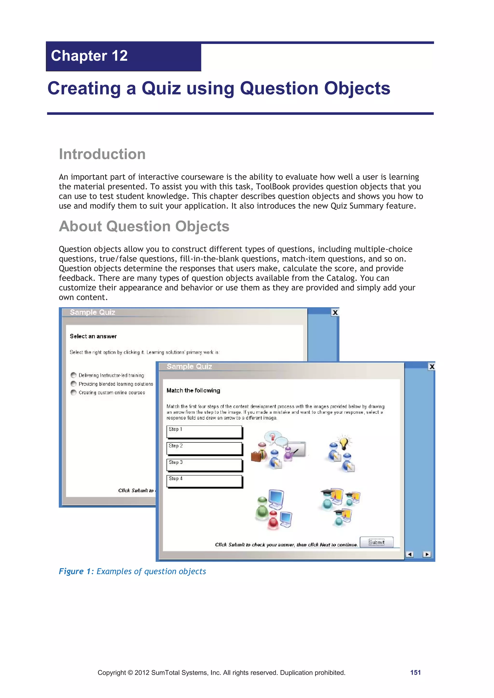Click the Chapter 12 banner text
pos(89,56)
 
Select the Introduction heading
pos(102,154)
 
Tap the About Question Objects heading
pos(144,226)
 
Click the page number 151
pos(415,672)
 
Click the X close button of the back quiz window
pos(335,312)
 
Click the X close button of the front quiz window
pos(432,367)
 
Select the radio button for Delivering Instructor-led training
pos(73,375)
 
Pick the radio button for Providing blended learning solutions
pos(73,384)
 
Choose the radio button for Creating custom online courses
pos(73,392)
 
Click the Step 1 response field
pos(204,432)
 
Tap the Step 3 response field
pos(204,465)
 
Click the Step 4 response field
pos(204,481)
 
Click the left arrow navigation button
pos(410,554)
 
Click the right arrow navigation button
pos(427,554)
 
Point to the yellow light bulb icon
pos(344,443)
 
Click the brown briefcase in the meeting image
pos(256,456)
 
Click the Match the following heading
pos(193,391)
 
